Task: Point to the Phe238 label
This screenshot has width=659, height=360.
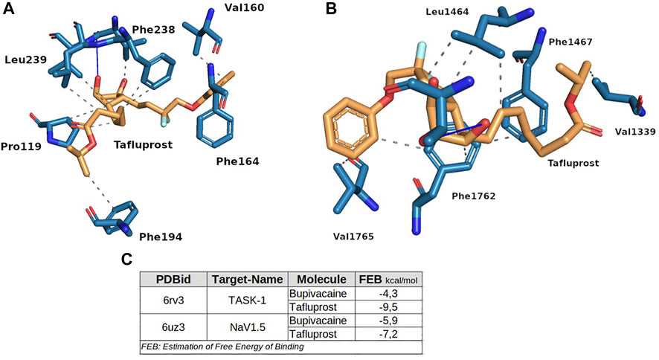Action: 155,30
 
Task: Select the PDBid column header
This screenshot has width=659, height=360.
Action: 174,280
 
